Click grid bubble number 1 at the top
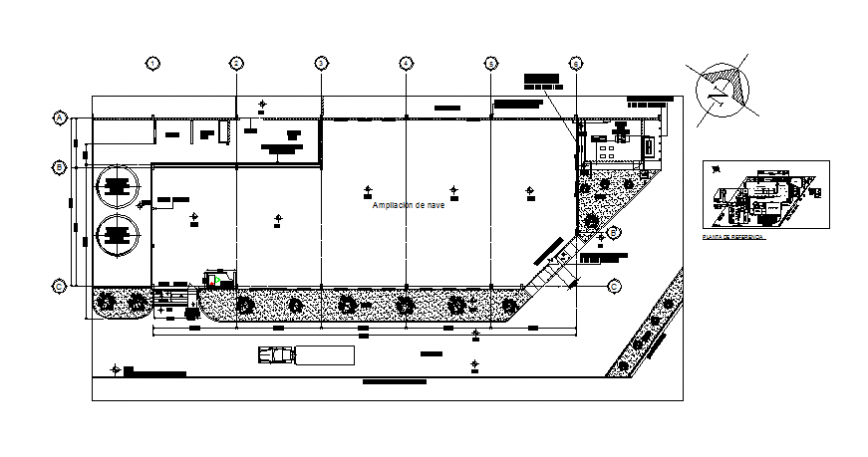(x=152, y=63)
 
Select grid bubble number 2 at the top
(x=236, y=63)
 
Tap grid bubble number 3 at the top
(x=321, y=63)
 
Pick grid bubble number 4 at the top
(x=406, y=63)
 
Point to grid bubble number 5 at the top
(x=491, y=63)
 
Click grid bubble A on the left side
(x=59, y=118)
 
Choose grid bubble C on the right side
(x=614, y=286)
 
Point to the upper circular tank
(x=118, y=185)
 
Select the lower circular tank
(x=118, y=236)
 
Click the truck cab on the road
(x=276, y=354)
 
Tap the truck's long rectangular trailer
(x=324, y=355)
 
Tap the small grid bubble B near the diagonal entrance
(x=615, y=232)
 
